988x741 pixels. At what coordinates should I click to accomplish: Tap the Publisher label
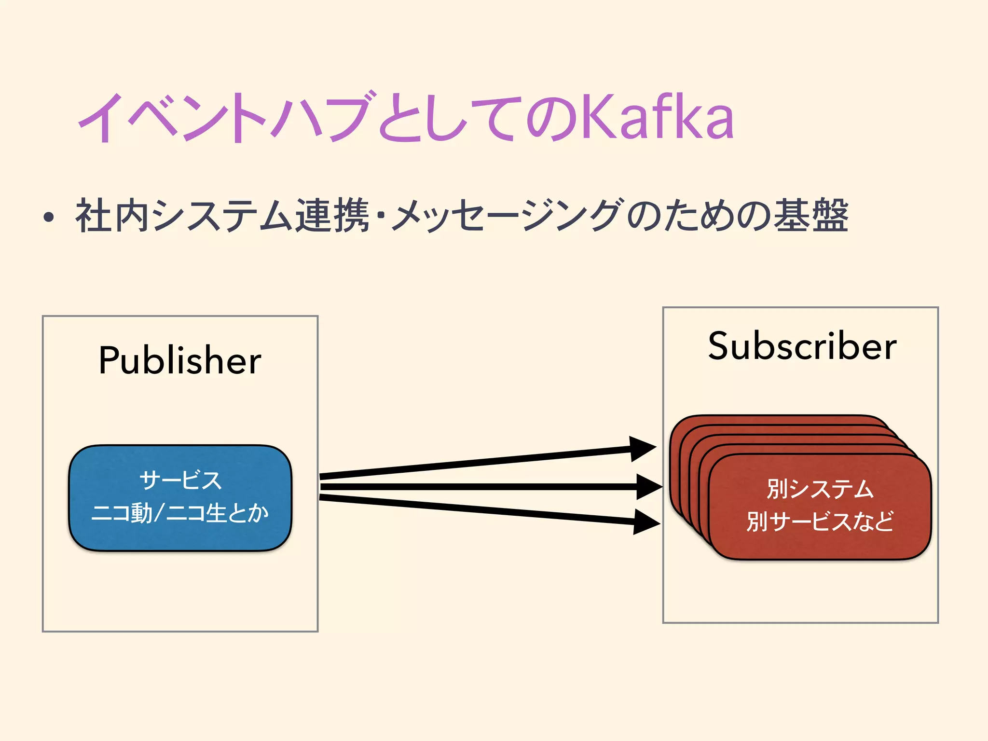pyautogui.click(x=180, y=360)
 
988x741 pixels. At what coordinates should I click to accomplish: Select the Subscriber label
pyautogui.click(x=802, y=346)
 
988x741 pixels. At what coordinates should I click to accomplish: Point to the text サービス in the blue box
pyautogui.click(x=180, y=480)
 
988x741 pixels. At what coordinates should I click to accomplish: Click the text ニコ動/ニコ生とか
pyautogui.click(x=180, y=513)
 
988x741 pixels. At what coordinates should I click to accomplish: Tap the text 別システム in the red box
pyautogui.click(x=820, y=489)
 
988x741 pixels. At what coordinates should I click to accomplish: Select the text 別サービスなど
pyautogui.click(x=820, y=521)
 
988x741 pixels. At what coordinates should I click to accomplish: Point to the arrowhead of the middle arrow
pyautogui.click(x=649, y=487)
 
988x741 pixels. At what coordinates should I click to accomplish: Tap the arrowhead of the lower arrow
pyautogui.click(x=646, y=522)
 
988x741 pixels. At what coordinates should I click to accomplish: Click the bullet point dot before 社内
pyautogui.click(x=48, y=218)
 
